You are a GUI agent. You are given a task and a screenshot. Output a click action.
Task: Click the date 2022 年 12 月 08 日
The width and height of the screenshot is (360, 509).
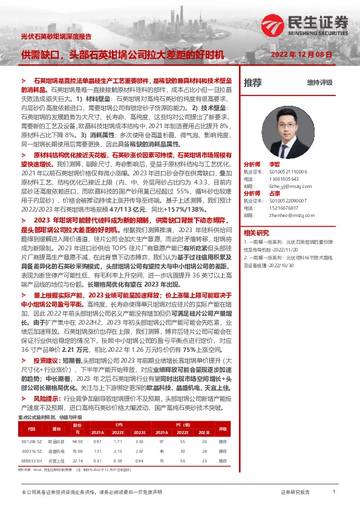[301, 55]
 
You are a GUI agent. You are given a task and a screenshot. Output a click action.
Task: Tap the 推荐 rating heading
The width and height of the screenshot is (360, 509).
[253, 83]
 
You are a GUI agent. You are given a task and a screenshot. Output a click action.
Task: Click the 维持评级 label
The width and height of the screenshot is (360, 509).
[319, 83]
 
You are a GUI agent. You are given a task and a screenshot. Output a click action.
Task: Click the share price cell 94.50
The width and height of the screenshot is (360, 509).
[77, 441]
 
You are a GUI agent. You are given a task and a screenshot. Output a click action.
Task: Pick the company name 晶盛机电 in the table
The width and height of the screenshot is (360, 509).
[56, 451]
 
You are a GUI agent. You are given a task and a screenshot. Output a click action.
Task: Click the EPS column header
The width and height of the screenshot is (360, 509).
[118, 426]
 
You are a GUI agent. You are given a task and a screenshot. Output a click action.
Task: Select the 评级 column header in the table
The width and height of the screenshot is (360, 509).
[223, 429]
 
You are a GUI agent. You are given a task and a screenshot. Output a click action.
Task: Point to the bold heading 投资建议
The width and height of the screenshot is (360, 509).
[48, 360]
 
